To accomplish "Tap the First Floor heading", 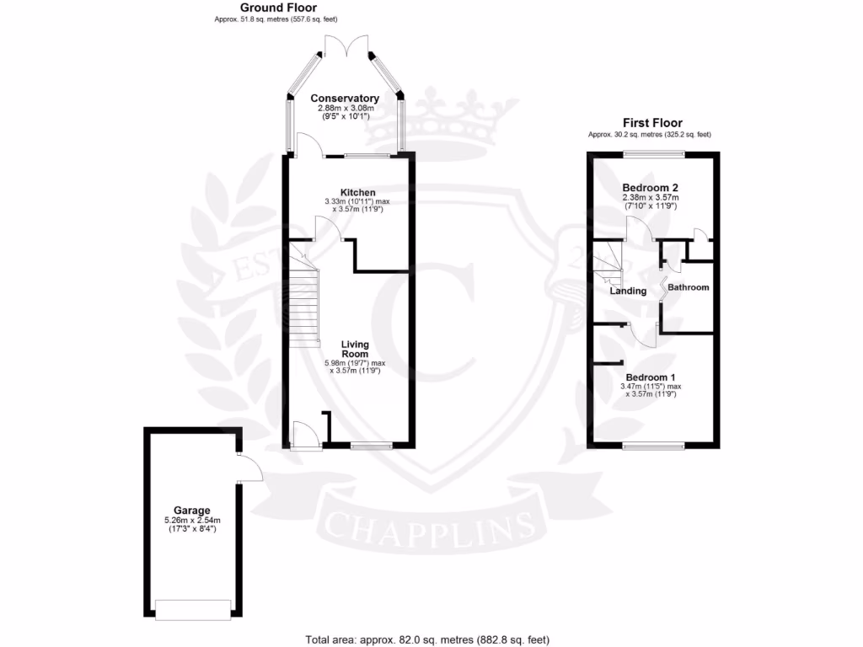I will coord(652,123).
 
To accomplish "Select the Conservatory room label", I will coord(344,99).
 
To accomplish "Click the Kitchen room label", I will coord(357,193).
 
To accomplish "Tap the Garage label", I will coord(191,511).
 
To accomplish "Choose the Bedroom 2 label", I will coord(651,187).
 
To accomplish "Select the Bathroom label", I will coord(689,287).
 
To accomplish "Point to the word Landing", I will coord(629,291).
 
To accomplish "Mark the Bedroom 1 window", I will coord(653,445).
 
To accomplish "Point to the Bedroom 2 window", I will coord(653,154).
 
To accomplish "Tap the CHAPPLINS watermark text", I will coord(429,527).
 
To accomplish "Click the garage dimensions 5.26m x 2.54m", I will coord(192,521).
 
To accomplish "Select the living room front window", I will coord(371,445).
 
